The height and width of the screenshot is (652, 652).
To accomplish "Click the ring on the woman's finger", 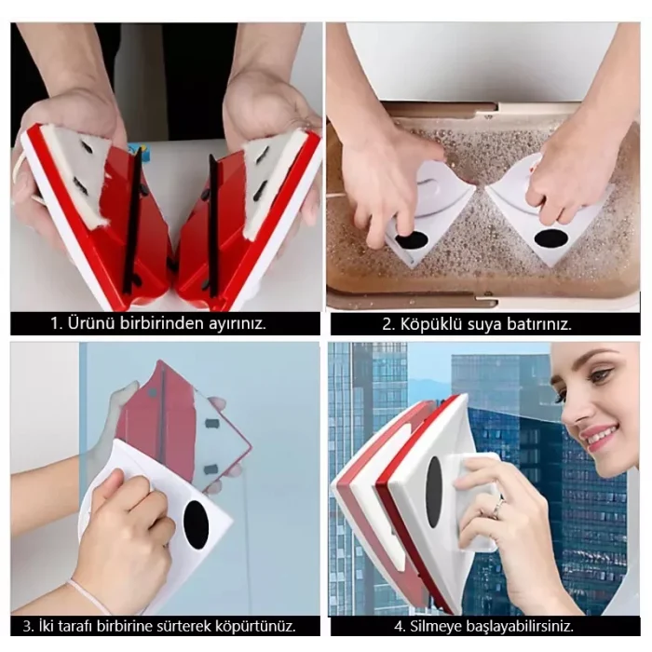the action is [x=498, y=506].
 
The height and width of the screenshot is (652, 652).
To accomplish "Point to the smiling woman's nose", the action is [x=572, y=411].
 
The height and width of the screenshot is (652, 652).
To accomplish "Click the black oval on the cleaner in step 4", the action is [x=434, y=492].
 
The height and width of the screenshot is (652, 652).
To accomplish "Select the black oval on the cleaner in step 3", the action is [x=197, y=523].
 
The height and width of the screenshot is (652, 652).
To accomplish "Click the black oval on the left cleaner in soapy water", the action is [x=412, y=240].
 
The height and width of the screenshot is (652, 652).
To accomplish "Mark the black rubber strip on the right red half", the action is [x=213, y=225].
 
